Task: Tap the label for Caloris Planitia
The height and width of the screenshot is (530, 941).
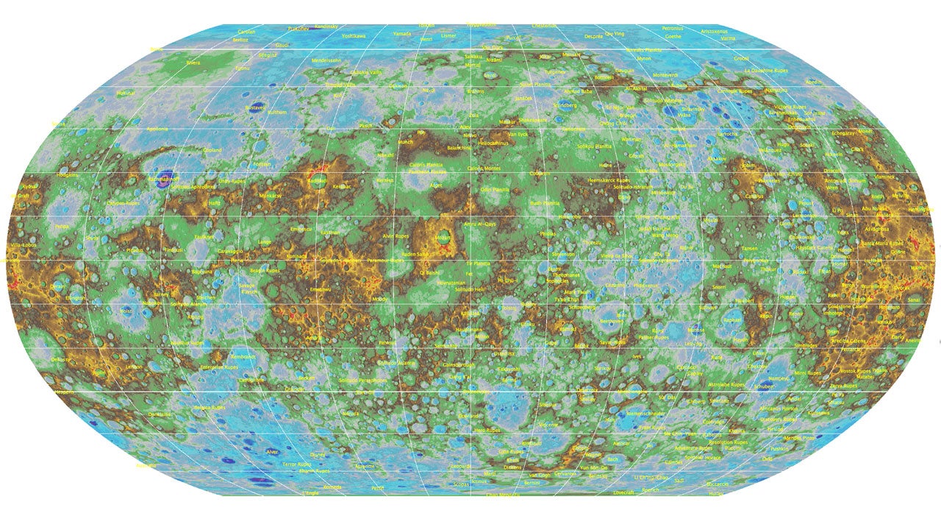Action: coord(426,165)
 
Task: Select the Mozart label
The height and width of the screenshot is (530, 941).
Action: coord(443,238)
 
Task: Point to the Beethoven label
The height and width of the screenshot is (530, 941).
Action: coord(611,321)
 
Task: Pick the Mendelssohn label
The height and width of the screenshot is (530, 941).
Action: coord(326,60)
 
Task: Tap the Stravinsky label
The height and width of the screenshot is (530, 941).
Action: coord(693,108)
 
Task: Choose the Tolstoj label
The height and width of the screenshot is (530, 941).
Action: coord(129,311)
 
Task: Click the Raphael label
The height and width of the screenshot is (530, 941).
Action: coord(732,320)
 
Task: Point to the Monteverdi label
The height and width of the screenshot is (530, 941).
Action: coord(665,75)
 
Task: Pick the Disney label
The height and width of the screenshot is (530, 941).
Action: coord(318,454)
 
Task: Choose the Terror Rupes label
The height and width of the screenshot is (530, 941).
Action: coord(297,464)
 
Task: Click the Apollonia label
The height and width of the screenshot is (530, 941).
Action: coord(157,129)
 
